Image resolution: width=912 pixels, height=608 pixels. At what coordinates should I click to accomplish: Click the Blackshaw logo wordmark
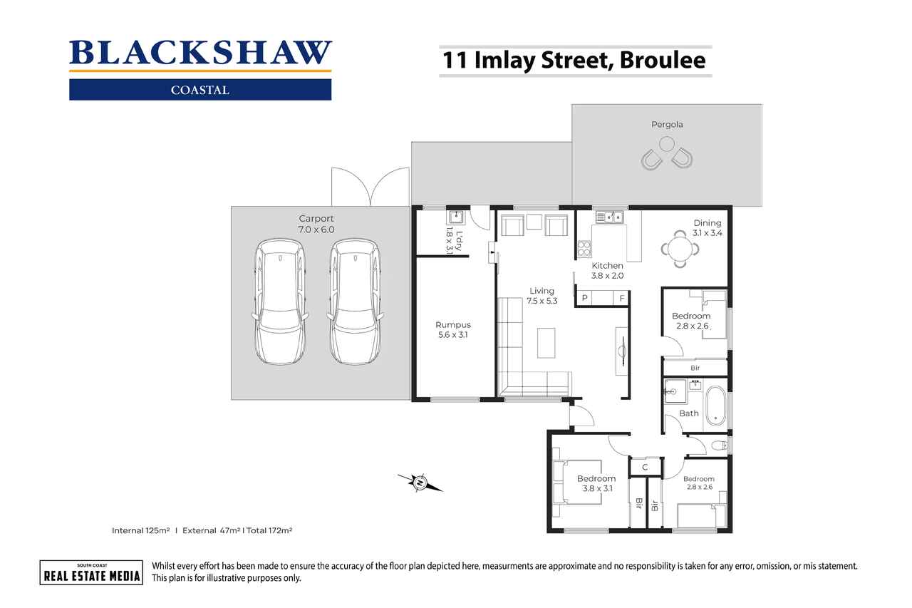(200, 54)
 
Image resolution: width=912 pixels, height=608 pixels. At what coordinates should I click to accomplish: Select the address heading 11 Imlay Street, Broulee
(574, 60)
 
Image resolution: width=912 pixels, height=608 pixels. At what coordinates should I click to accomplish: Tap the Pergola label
(666, 125)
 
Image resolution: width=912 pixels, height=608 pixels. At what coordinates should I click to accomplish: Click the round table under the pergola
(666, 143)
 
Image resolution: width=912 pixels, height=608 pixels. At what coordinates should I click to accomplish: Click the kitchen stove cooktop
(584, 249)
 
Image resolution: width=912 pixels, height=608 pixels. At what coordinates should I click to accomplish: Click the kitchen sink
(609, 216)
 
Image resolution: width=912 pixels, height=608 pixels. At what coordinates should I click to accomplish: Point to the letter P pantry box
(584, 298)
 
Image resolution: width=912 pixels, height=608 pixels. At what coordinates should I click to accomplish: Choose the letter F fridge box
(621, 298)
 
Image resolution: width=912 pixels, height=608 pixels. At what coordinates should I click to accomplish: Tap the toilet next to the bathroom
(719, 446)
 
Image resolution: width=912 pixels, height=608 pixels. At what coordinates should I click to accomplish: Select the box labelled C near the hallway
(645, 468)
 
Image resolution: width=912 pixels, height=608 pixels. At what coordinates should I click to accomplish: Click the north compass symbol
(420, 483)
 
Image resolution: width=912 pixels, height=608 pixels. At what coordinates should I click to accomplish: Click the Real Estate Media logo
(90, 572)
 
